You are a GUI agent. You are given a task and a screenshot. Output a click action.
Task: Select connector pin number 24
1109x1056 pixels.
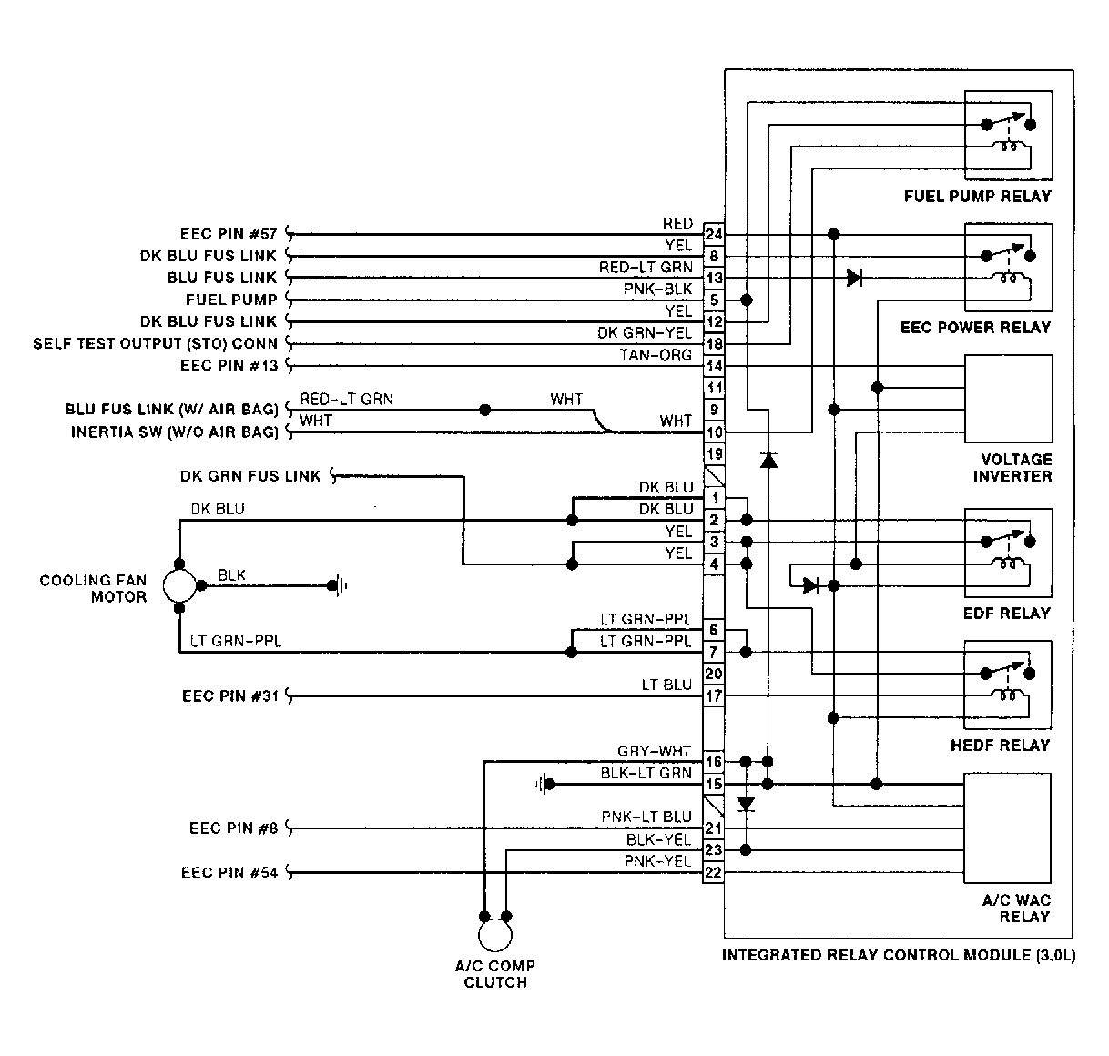(x=714, y=234)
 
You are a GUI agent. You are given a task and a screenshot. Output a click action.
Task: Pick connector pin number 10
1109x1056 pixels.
(x=714, y=432)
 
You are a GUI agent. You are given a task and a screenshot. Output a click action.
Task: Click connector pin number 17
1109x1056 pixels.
(x=714, y=696)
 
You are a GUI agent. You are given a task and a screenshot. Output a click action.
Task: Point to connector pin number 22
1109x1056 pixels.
(x=713, y=872)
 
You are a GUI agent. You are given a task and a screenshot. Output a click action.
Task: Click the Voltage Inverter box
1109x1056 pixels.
(x=1008, y=398)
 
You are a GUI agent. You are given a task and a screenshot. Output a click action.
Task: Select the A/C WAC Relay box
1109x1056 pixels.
(x=1007, y=828)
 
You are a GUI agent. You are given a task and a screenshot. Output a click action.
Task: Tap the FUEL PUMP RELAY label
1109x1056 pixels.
(x=978, y=197)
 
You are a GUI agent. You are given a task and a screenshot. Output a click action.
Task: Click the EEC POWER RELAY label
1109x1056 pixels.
(x=975, y=328)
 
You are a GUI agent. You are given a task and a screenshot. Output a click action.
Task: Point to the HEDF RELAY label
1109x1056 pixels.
(x=1000, y=746)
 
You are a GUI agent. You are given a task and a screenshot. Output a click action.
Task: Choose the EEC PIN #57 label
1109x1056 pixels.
(x=229, y=234)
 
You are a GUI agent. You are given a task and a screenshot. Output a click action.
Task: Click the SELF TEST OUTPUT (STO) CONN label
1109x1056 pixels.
(x=155, y=343)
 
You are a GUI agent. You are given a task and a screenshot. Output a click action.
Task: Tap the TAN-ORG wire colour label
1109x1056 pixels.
(x=656, y=355)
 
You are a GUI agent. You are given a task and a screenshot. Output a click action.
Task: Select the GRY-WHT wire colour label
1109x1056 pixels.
(x=655, y=751)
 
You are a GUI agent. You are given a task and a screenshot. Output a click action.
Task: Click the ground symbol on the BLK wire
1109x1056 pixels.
(x=339, y=585)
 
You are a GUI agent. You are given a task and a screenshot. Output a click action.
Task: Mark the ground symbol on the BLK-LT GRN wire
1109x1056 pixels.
(x=543, y=784)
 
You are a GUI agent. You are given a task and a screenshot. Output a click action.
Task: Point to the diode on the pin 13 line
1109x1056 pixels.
(x=854, y=278)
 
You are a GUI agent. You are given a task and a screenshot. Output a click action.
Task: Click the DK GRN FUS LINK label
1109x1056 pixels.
(x=250, y=476)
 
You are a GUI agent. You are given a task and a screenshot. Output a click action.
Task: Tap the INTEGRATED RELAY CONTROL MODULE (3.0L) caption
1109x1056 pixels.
(x=899, y=955)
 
